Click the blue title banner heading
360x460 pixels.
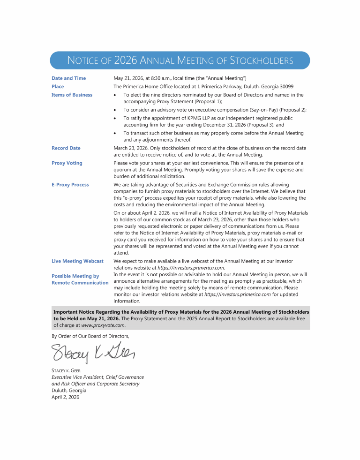[180, 60]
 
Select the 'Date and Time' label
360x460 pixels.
[68, 78]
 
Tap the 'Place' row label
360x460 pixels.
[58, 87]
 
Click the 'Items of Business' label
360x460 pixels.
[72, 95]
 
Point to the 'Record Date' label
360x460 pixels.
[66, 148]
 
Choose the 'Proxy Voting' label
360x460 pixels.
[67, 163]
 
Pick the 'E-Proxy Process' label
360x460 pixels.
[70, 185]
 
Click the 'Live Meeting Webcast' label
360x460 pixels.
[77, 261]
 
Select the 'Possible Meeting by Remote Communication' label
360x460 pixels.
[80, 279]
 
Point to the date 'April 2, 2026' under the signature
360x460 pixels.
[65, 397]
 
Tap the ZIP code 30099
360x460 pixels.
[285, 87]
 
